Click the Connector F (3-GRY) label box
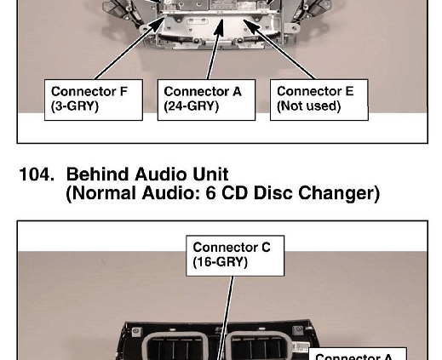(94, 100)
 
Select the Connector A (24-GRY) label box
(206, 100)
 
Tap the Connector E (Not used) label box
(319, 100)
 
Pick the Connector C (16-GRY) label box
(235, 255)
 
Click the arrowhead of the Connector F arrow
(158, 24)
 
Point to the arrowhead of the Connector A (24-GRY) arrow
(220, 27)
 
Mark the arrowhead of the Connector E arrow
(250, 25)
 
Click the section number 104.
(37, 174)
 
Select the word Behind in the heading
(98, 174)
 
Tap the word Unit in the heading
(210, 174)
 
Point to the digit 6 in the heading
(210, 193)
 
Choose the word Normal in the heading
(104, 193)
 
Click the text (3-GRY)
(75, 106)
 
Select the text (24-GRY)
(192, 106)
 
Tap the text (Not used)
(308, 106)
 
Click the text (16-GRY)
(220, 262)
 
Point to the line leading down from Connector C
(227, 317)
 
